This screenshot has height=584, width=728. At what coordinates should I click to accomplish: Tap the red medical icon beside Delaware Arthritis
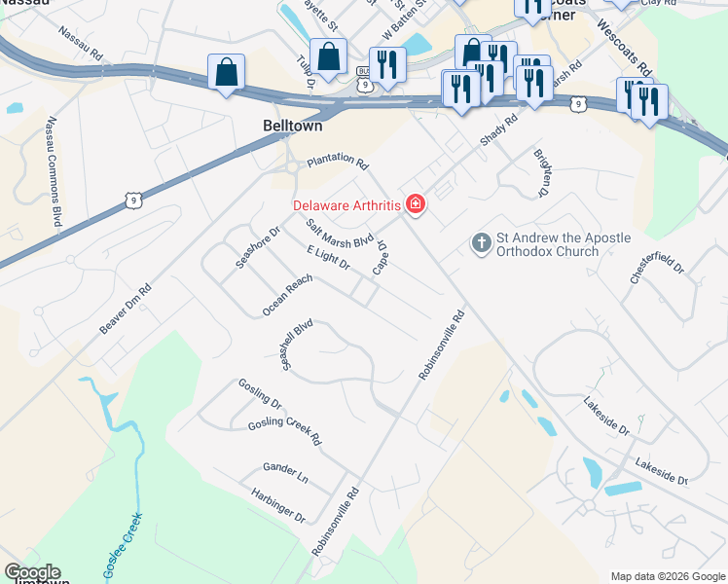(416, 203)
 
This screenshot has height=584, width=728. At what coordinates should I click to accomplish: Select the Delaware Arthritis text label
(349, 204)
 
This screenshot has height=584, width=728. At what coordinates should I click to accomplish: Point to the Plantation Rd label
(337, 163)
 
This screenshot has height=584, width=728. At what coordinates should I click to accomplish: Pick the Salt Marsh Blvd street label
(340, 234)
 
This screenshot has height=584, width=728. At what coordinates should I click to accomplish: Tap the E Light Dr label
(328, 258)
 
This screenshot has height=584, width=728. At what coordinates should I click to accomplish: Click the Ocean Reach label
(287, 295)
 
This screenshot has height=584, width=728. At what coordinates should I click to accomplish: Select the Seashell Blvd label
(296, 344)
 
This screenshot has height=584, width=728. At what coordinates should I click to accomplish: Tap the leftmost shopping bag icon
(226, 71)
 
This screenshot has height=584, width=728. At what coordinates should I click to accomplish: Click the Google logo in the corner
(31, 572)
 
